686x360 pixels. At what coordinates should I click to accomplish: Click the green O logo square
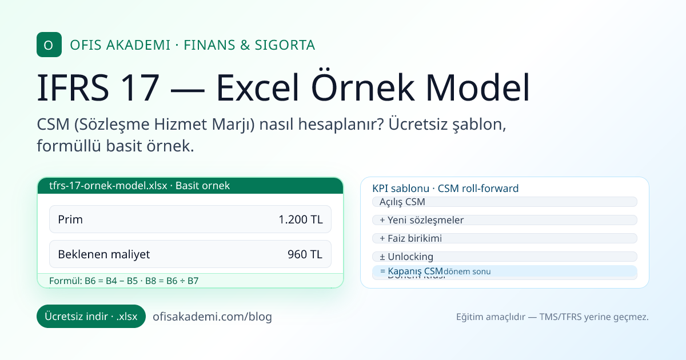pos(49,45)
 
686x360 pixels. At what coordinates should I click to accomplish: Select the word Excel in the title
pos(260,87)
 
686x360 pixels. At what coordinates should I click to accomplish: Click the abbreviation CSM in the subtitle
pos(54,124)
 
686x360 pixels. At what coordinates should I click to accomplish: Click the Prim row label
pos(70,219)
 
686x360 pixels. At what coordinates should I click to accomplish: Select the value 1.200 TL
pos(300,219)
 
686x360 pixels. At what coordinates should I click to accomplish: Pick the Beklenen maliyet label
pos(103,254)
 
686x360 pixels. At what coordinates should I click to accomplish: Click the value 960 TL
pos(305,254)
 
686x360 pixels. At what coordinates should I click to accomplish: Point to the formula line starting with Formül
pos(124,281)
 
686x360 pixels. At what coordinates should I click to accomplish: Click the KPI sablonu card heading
pos(445,189)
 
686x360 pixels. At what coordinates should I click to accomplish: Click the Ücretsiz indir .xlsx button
pos(91,317)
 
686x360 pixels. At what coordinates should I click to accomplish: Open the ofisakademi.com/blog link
pos(212,317)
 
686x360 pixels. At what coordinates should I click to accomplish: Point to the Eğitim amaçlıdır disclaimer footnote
pos(552,317)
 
